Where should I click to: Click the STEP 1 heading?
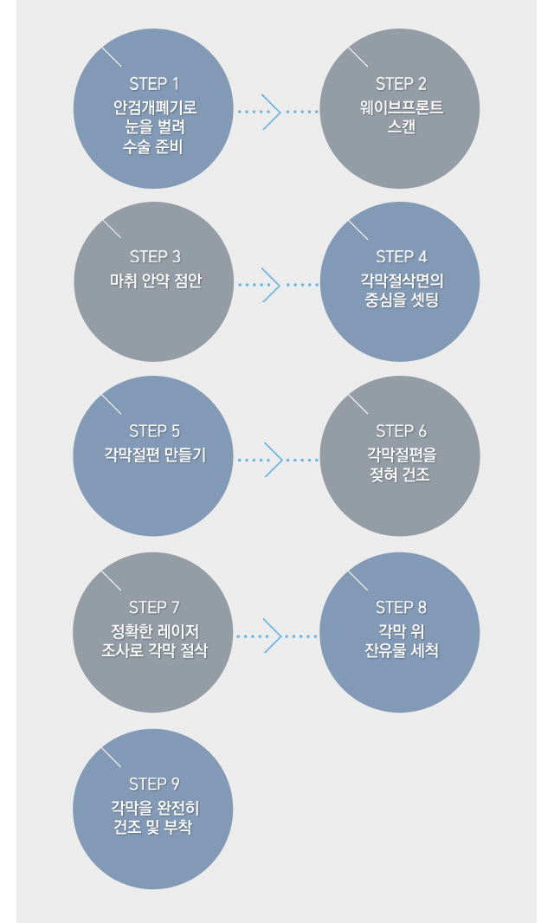coord(154,84)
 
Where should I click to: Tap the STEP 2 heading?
coord(401,84)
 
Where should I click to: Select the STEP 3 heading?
coord(155,256)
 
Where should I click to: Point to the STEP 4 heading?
coord(401,257)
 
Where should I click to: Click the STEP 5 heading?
coord(154,431)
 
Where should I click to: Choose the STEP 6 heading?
coord(401,431)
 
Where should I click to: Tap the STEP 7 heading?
coord(154,607)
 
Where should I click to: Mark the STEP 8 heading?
coord(401,607)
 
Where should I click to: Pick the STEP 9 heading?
coord(154,784)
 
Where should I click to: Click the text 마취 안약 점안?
coord(154,281)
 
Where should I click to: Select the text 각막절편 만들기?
coord(154,455)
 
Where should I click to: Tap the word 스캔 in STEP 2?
coord(401,126)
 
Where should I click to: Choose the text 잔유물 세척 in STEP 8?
coord(401,649)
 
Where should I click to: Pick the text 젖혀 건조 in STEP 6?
coord(401,474)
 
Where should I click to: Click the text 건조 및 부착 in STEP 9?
coord(154,828)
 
